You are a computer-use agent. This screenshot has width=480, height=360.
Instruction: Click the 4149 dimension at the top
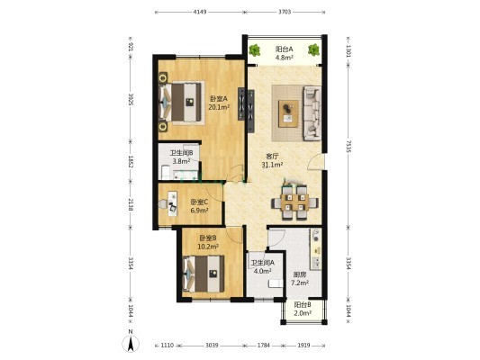tap(200, 12)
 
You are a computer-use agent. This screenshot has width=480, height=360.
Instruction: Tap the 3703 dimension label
tap(285, 12)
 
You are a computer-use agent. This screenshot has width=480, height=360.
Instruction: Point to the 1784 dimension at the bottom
tap(264, 346)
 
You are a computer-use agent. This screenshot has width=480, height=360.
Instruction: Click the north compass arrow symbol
tap(131, 343)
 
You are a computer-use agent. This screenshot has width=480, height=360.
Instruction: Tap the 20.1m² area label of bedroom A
tap(219, 107)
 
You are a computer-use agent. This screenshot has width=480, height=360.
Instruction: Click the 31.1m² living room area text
tap(272, 165)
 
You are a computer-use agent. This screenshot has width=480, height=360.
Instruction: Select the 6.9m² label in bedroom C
tap(199, 210)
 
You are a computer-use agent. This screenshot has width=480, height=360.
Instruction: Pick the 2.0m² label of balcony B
tap(303, 313)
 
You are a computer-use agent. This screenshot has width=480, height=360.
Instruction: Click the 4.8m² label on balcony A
tap(285, 57)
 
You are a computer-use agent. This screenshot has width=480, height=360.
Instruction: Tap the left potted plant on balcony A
tap(254, 50)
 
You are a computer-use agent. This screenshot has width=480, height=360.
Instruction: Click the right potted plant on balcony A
tap(313, 49)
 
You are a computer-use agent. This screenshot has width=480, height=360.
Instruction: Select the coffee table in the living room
tap(288, 113)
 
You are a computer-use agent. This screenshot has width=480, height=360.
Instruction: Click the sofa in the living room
tap(312, 113)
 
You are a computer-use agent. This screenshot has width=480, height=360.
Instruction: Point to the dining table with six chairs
tap(295, 202)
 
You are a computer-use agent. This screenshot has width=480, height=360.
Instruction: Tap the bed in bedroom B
tap(204, 274)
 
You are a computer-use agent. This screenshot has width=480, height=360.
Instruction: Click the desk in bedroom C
tap(172, 203)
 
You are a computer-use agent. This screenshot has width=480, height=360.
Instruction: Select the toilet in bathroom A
tap(276, 283)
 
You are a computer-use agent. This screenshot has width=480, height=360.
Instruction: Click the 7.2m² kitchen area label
tap(299, 283)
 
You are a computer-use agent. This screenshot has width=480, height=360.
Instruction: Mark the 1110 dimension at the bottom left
tap(168, 346)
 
